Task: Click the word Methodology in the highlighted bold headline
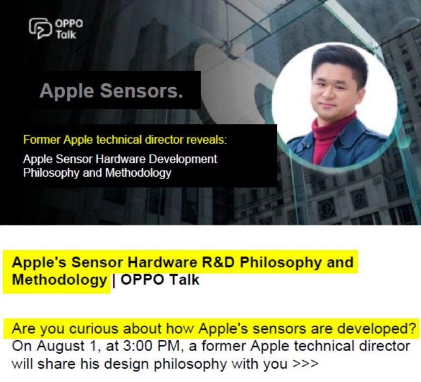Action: pyautogui.click(x=59, y=279)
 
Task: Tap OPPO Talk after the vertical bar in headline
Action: pyautogui.click(x=160, y=279)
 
